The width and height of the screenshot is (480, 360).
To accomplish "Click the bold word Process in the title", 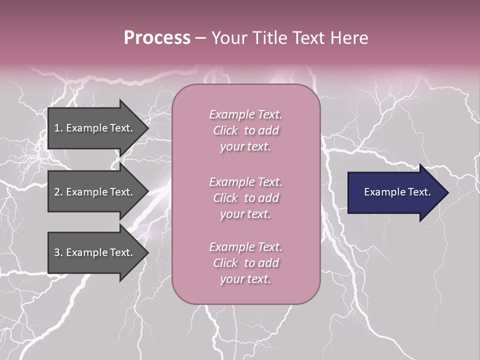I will tap(157, 38).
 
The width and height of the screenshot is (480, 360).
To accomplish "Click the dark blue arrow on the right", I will tap(395, 192).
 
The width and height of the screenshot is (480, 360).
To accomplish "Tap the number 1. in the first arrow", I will tap(58, 128).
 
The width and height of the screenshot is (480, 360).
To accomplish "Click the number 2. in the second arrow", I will tap(58, 192).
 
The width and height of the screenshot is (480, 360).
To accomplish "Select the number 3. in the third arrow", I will tap(58, 252).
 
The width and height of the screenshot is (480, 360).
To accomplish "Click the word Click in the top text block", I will tap(225, 130).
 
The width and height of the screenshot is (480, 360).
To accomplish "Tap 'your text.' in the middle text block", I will tap(245, 214).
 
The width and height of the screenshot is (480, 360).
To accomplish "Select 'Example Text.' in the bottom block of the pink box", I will tap(245, 247).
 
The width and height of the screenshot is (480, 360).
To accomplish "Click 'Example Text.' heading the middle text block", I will tap(245, 182).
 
